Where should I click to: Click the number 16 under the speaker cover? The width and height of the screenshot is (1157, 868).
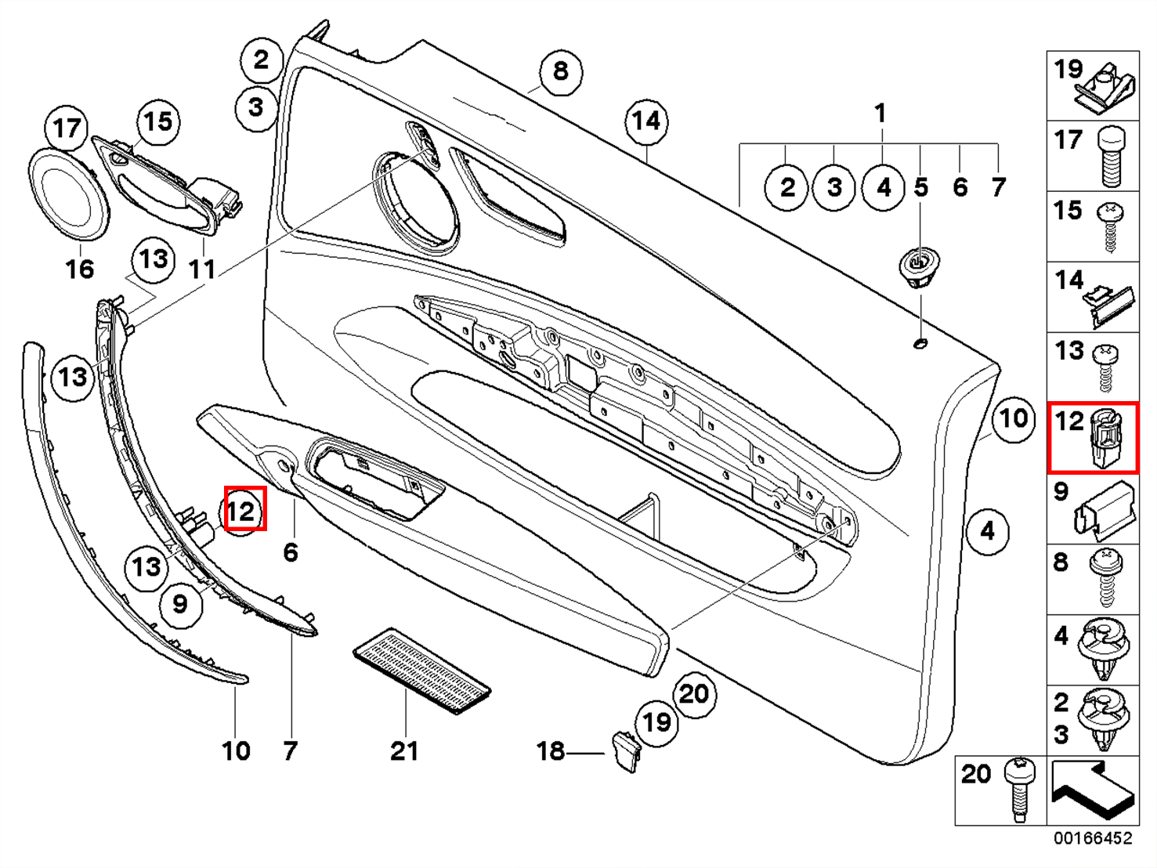[x=80, y=269]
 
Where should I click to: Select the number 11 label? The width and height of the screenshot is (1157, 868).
[x=202, y=269]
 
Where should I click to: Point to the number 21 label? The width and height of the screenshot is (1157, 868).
[x=404, y=750]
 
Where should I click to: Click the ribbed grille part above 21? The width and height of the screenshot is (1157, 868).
[x=422, y=671]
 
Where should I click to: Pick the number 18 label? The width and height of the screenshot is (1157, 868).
[x=551, y=750]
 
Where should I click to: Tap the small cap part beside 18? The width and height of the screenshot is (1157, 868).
[x=626, y=750]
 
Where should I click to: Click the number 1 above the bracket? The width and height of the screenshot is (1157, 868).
[x=880, y=113]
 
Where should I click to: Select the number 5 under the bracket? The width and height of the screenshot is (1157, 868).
[x=921, y=187]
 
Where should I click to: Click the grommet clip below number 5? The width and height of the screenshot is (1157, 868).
[x=919, y=266]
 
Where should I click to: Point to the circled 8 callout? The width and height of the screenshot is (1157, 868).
[x=560, y=71]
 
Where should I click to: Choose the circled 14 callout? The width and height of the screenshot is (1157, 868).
[x=646, y=121]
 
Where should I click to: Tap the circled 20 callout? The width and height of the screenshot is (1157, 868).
[x=694, y=693]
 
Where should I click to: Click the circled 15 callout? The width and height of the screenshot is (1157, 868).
[x=158, y=121]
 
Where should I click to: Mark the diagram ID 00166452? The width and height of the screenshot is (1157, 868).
[x=1092, y=838]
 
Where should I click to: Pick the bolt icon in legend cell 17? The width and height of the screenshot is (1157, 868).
[x=1111, y=157]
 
